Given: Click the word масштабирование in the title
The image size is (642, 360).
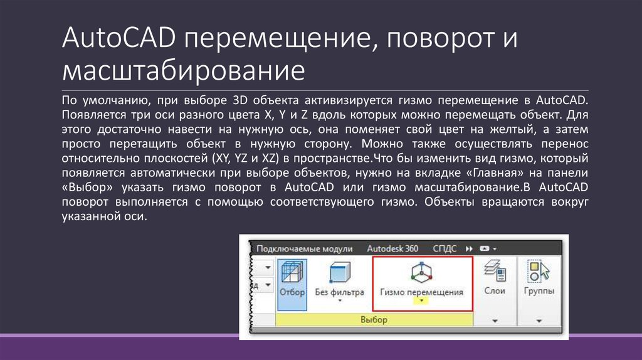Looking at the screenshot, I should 183,70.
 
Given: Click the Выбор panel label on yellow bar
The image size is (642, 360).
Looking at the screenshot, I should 374,320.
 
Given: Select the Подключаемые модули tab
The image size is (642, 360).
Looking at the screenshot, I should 305,248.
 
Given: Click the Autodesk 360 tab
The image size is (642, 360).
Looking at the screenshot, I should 392,248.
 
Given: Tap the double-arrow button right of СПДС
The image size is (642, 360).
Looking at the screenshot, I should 469,248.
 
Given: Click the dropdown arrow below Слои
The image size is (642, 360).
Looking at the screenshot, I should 495,320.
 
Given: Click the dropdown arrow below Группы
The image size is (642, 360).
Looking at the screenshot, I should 539,320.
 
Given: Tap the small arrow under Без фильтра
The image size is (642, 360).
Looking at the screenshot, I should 339,301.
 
